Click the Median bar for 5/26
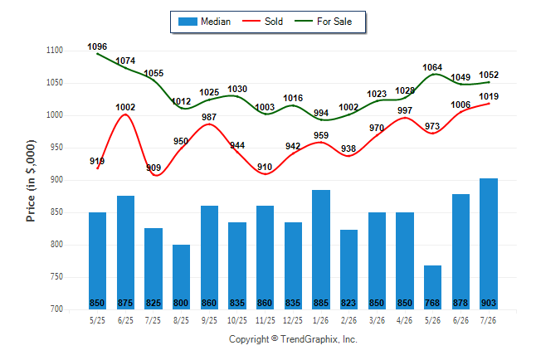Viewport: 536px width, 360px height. pos(432,287)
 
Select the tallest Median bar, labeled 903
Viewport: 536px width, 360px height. pos(489,244)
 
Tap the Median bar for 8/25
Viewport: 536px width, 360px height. pos(181,277)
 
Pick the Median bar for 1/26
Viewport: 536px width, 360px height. pos(321,250)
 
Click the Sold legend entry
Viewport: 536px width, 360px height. pos(262,22)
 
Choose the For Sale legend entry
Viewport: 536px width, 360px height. pos(324,22)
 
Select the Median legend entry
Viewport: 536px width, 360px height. pos(204,22)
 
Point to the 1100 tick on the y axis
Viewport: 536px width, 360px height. pos(55,51)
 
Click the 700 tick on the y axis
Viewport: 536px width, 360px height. pos(56,309)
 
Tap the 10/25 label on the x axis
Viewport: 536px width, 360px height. pos(237,320)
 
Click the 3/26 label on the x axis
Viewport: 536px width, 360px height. pos(377,320)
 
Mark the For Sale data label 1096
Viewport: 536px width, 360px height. pos(97,46)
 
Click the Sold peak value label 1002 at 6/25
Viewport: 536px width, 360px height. pos(125,107)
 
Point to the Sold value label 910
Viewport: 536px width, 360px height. pos(265,167)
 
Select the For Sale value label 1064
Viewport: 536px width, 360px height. pos(432,67)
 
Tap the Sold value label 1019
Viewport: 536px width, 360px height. pos(489,96)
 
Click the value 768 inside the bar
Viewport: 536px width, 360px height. pos(432,303)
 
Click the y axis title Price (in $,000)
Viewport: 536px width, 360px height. pos(31,181)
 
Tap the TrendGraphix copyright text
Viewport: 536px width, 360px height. pos(293,339)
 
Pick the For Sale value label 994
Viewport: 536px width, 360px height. pos(321,113)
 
